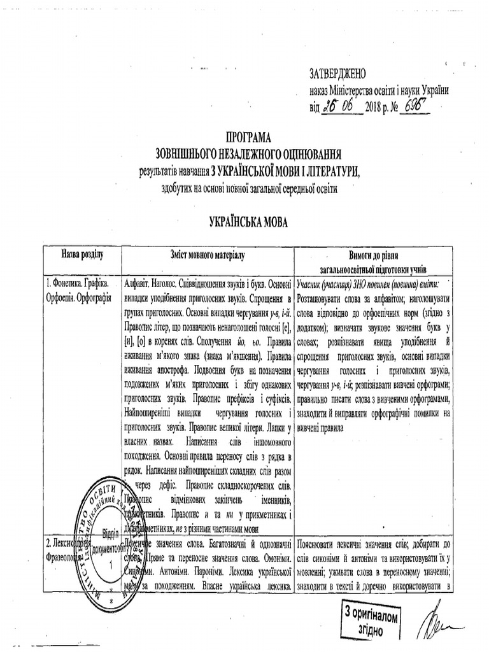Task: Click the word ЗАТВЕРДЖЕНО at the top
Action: [338, 74]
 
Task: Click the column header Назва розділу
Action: [82, 255]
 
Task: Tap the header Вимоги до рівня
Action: [378, 250]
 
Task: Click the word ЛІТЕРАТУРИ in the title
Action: [323, 169]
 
